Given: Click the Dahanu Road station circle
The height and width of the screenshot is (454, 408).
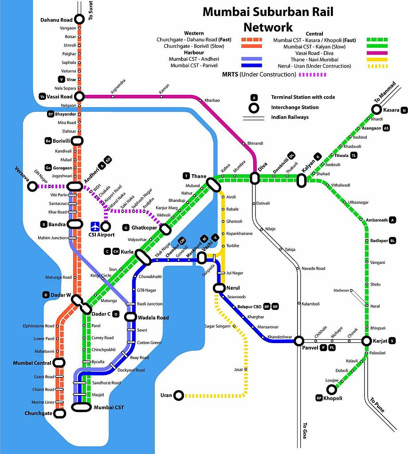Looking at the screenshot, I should coord(79,19).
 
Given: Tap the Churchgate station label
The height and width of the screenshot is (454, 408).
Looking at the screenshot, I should coord(39,414).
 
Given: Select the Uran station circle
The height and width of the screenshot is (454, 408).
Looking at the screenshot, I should coord(179,395).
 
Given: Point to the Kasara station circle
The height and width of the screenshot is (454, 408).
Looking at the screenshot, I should coord(377,110).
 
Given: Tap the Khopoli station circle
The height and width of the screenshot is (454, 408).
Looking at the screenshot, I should coord(331,389).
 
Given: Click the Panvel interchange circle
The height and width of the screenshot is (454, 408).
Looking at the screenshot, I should coord(299,340).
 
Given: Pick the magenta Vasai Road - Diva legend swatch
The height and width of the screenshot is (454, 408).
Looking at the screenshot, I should coord(377,53).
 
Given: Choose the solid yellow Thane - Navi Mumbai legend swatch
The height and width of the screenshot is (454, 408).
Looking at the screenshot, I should coord(377,59).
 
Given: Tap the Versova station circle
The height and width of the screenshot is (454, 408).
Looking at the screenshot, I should coord(32,187).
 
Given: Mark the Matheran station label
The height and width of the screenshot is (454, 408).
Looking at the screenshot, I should coord(341,290).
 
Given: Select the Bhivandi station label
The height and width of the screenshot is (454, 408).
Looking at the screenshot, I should coord(255,143).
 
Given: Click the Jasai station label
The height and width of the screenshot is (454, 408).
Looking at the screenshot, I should coord(238,369).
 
